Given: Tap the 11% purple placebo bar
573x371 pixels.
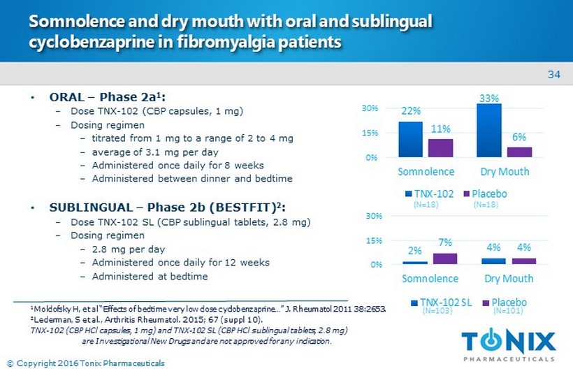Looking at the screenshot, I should click(x=440, y=147).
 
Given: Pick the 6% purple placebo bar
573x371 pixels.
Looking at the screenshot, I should click(x=519, y=152).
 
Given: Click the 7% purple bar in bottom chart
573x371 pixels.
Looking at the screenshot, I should click(x=445, y=259).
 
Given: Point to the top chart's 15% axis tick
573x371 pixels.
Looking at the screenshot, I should click(x=370, y=133).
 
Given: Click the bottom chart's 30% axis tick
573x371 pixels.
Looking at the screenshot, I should click(x=370, y=217).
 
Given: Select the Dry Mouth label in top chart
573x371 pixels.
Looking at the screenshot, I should click(x=505, y=171).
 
